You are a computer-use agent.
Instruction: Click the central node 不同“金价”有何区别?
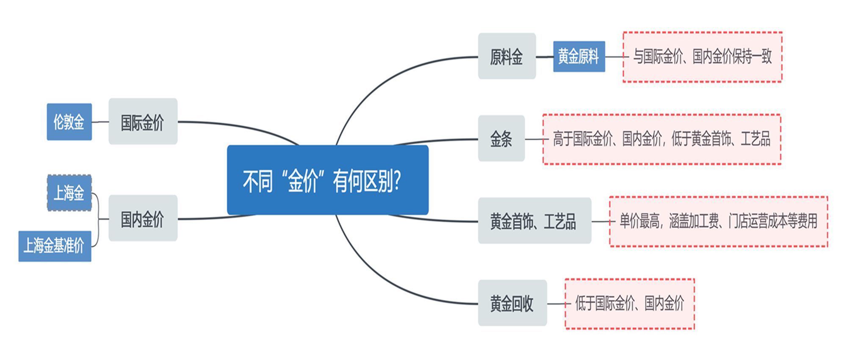pyautogui.click(x=328, y=180)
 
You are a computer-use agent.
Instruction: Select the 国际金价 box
pyautogui.click(x=143, y=122)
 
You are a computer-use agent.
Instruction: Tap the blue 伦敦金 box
pyautogui.click(x=69, y=122)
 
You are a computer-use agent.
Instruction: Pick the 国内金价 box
pyautogui.click(x=143, y=218)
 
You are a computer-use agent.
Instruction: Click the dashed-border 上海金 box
pyautogui.click(x=69, y=193)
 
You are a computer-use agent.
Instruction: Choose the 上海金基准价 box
pyautogui.click(x=55, y=246)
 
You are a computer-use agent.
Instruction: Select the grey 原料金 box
pyautogui.click(x=507, y=56)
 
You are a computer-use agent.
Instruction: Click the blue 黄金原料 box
pyautogui.click(x=579, y=56)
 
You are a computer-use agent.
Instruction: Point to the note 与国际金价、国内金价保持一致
pyautogui.click(x=702, y=57)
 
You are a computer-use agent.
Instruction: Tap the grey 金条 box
pyautogui.click(x=501, y=138)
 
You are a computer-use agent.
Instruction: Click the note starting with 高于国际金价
pyautogui.click(x=662, y=139)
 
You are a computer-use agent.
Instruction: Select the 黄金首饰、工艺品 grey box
pyautogui.click(x=534, y=221)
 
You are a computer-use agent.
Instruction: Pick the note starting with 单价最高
pyautogui.click(x=718, y=221)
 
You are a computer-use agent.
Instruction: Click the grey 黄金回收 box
pyautogui.click(x=512, y=303)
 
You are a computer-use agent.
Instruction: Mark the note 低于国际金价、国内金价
pyautogui.click(x=630, y=304)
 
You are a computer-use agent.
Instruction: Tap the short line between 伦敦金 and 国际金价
pyautogui.click(x=100, y=122)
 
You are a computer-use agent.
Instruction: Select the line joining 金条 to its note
pyautogui.click(x=534, y=139)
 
